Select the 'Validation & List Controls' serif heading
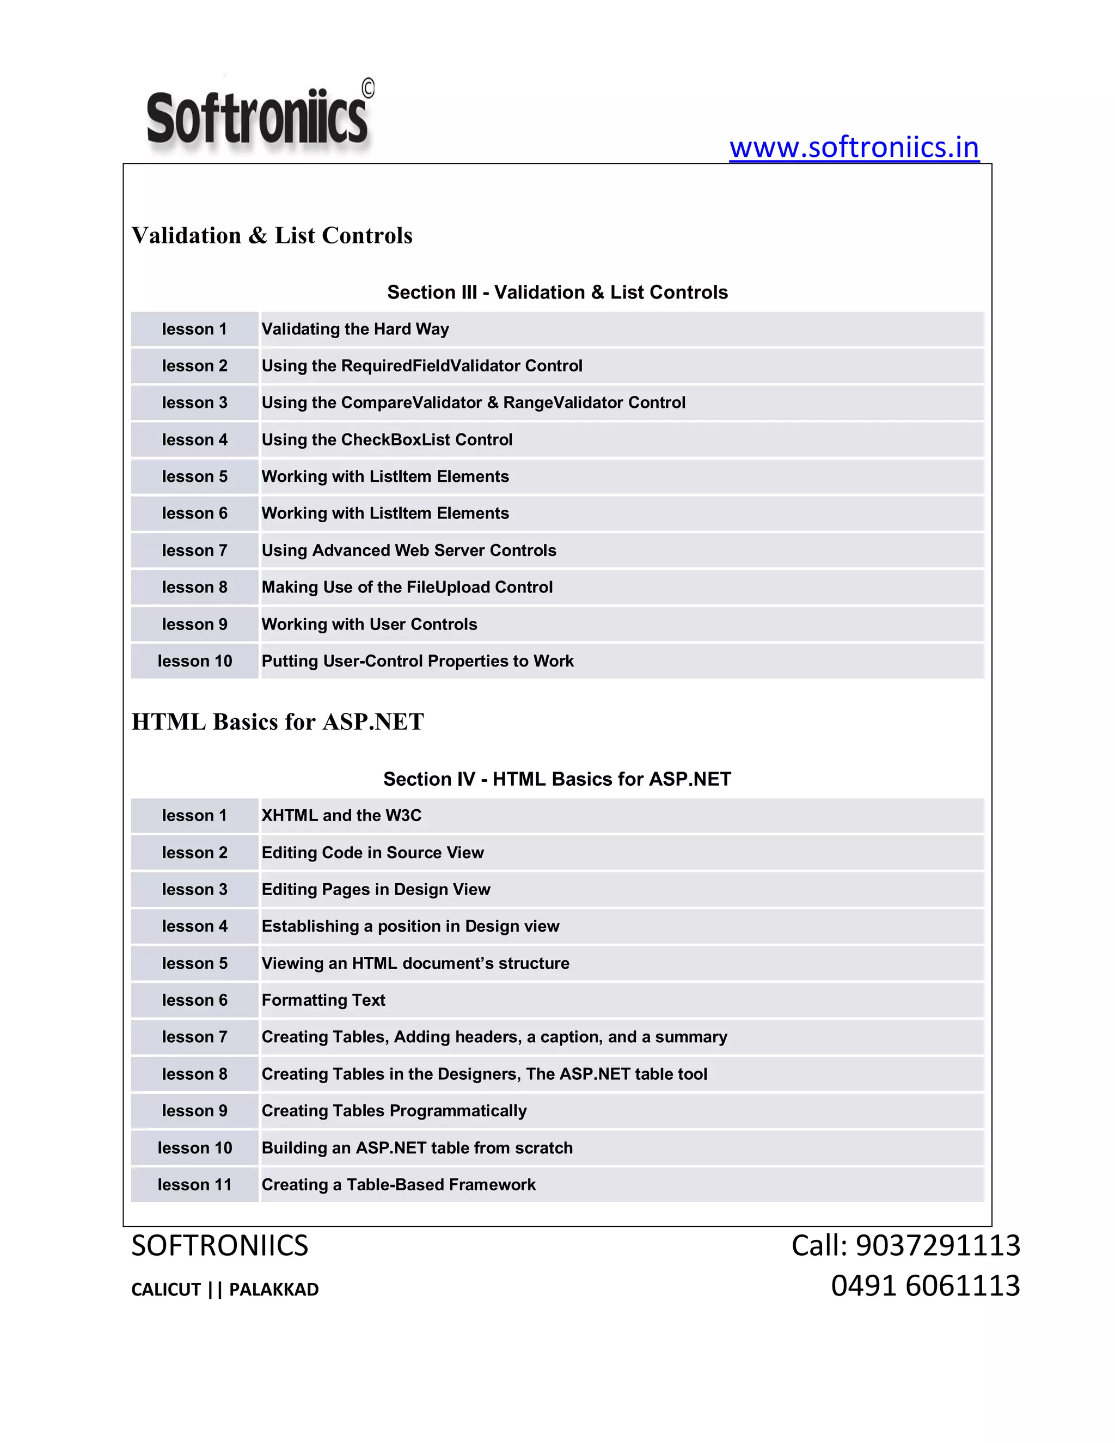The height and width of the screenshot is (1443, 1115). tap(272, 236)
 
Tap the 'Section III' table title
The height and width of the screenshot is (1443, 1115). tap(557, 292)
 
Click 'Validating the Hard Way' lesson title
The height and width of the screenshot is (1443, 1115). tap(355, 329)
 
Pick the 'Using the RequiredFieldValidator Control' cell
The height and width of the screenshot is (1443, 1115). tap(421, 366)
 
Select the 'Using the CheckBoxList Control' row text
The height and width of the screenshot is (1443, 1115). tap(387, 440)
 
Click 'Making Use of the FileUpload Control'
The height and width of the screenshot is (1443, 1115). tap(407, 588)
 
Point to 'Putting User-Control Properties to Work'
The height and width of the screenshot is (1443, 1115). tap(418, 662)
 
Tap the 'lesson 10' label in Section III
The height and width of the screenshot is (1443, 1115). tap(194, 662)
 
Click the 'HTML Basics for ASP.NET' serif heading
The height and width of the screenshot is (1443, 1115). tap(278, 722)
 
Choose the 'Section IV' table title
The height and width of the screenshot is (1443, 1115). tap(557, 779)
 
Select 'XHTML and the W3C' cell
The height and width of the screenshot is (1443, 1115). tap(341, 815)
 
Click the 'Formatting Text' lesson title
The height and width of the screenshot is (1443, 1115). tap(323, 1000)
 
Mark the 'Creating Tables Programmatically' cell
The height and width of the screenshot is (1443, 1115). tap(394, 1111)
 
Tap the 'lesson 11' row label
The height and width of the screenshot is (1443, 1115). tap(194, 1185)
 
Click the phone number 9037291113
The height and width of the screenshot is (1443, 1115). tap(938, 1245)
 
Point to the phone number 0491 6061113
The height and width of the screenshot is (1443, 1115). tap(925, 1286)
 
